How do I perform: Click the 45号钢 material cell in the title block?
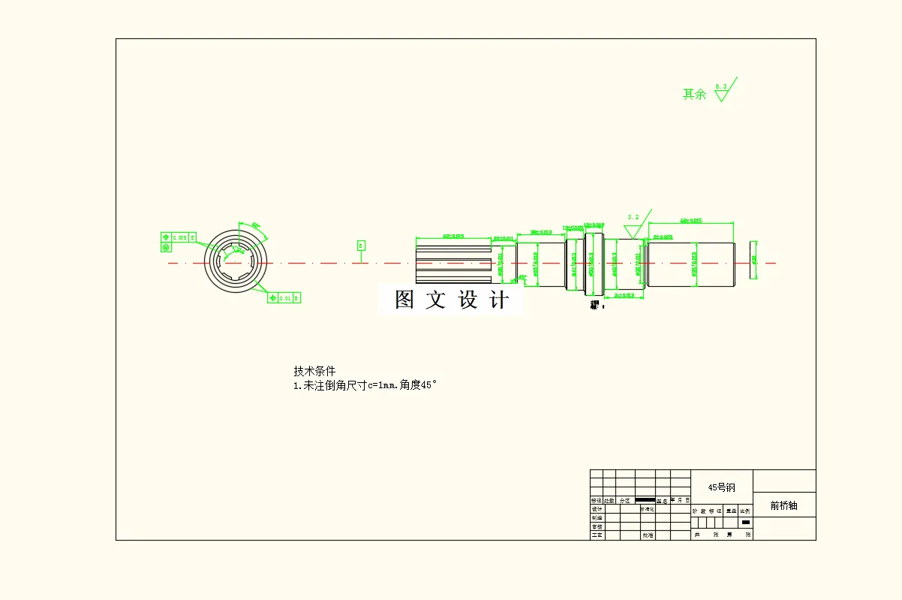pyautogui.click(x=721, y=487)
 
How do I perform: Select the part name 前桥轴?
pyautogui.click(x=783, y=505)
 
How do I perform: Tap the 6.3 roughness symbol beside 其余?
pyautogui.click(x=721, y=92)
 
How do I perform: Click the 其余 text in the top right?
pyautogui.click(x=694, y=95)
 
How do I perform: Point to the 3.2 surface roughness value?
pyautogui.click(x=633, y=217)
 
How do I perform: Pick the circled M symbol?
pyautogui.click(x=165, y=247)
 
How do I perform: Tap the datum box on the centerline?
pyautogui.click(x=361, y=246)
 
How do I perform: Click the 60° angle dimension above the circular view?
pyautogui.click(x=255, y=225)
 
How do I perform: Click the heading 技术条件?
pyautogui.click(x=314, y=371)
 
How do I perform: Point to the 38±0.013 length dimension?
pyautogui.click(x=541, y=232)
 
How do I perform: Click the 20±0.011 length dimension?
pyautogui.click(x=504, y=239)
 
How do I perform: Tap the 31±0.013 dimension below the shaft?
pyautogui.click(x=624, y=296)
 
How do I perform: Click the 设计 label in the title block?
pyautogui.click(x=597, y=509)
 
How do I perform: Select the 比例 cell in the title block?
pyautogui.click(x=745, y=511)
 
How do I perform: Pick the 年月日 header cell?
pyautogui.click(x=681, y=500)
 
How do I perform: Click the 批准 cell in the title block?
pyautogui.click(x=647, y=535)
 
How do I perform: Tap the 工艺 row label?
pyautogui.click(x=597, y=535)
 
